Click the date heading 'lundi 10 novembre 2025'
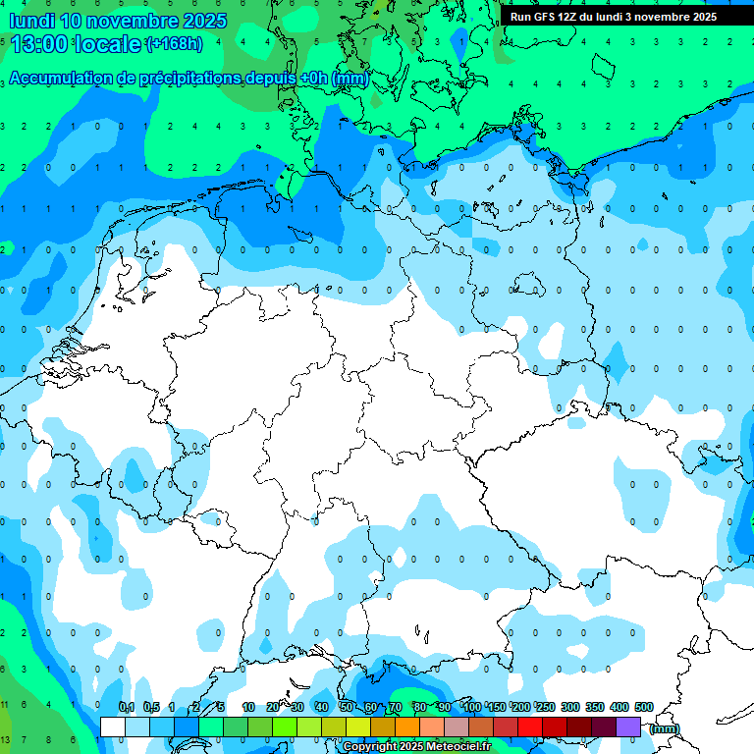pos(118,21)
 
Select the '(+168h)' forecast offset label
pos(174,44)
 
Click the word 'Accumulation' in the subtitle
pos(69,79)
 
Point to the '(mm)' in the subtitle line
pos(350,79)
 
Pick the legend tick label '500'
pos(644,708)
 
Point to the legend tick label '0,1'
pos(127,708)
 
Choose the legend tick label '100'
pos(472,708)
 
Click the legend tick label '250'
pos(546,708)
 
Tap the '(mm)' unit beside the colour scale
pos(665,728)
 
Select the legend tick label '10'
pos(248,708)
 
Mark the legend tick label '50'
pos(347,708)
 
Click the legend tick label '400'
pos(619,708)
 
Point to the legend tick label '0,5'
pos(151,708)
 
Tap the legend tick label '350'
pos(595,708)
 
